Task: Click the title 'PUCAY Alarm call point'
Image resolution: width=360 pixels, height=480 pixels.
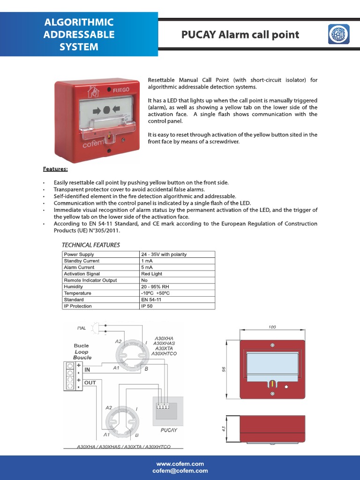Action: pos(240,35)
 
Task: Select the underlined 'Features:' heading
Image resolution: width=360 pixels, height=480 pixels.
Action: pos(55,168)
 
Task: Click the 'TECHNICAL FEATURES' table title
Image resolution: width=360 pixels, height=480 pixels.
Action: pos(91,245)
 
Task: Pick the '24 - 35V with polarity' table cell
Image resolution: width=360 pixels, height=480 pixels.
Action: pos(164,255)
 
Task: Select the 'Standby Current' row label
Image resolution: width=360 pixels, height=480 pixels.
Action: pos(82,261)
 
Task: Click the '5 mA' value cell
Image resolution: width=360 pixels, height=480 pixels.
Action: pos(147,267)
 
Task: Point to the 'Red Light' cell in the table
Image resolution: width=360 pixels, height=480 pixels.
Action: pos(151,274)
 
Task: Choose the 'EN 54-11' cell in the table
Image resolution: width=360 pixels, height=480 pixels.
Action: pos(151,300)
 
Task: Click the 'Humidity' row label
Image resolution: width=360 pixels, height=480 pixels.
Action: pos(74,286)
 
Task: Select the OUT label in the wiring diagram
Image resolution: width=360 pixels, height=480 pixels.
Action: pos(90,382)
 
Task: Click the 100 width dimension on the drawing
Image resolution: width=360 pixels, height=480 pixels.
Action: pos(272,327)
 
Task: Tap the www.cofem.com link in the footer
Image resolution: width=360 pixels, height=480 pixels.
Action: pos(180,464)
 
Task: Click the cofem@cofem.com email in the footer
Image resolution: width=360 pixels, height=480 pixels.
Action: pos(180,471)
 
